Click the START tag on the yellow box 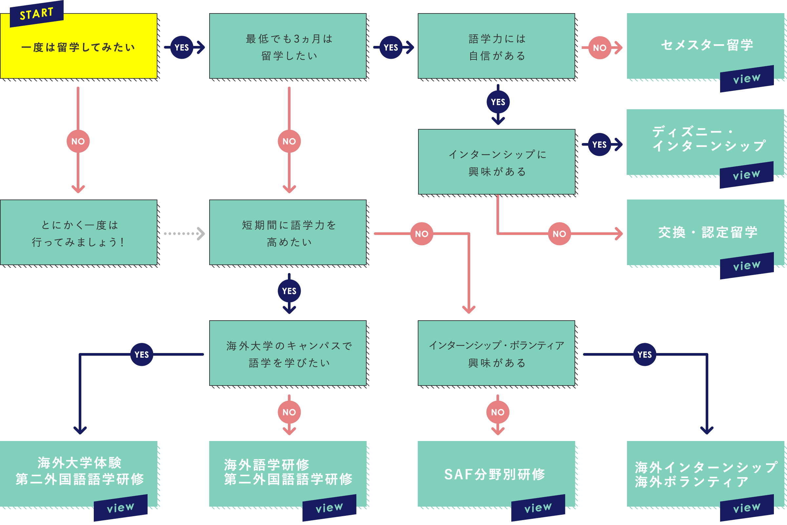[x=36, y=14]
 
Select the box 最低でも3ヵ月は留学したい [x=288, y=47]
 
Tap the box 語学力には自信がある [x=496, y=47]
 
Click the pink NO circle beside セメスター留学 [x=600, y=48]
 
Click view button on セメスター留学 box [x=747, y=79]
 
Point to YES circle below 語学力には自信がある [x=498, y=102]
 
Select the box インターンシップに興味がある [x=497, y=163]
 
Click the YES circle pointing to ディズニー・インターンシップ [x=599, y=145]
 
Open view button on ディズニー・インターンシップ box [x=747, y=175]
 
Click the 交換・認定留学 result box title [x=708, y=232]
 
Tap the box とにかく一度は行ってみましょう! [x=79, y=233]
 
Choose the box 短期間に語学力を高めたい [x=288, y=233]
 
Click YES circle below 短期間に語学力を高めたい [x=289, y=291]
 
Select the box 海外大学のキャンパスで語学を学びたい [x=288, y=354]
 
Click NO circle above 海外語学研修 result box [x=289, y=412]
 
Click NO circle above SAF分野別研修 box [x=497, y=412]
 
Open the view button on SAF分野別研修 [x=538, y=508]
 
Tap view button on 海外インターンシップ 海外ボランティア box [x=747, y=508]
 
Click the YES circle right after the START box [x=182, y=48]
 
